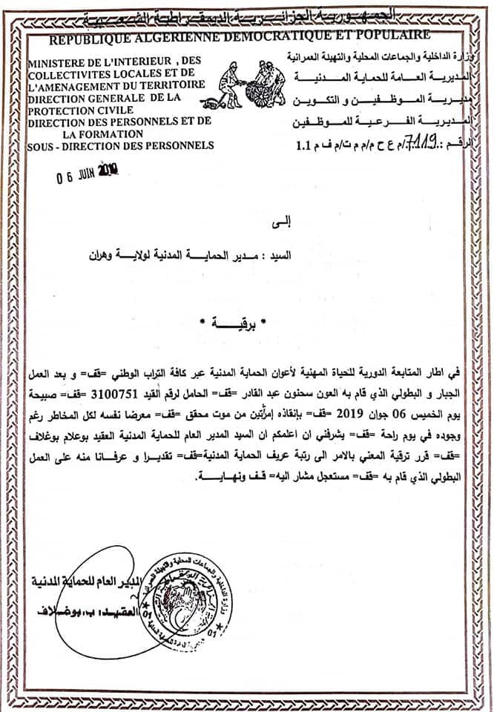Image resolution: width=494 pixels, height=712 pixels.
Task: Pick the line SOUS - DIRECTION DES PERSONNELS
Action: [119, 145]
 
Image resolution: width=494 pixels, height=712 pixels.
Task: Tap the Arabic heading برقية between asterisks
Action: [251, 324]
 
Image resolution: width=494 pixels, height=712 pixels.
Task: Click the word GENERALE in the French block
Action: [111, 97]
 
